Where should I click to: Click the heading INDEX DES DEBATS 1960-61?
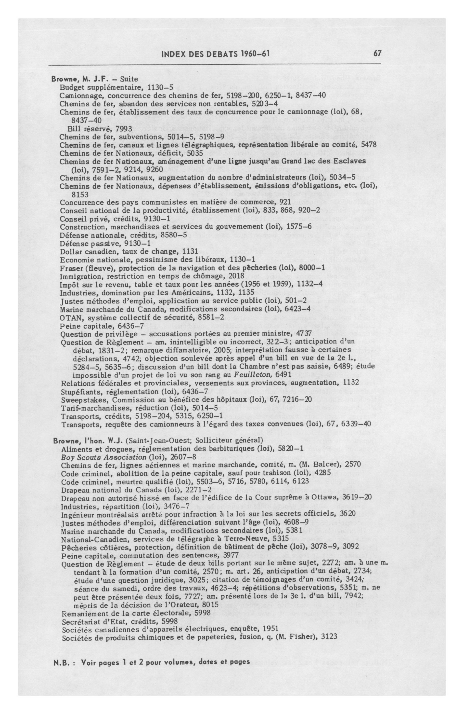coord(216,54)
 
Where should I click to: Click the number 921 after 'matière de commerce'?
coord(285,202)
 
